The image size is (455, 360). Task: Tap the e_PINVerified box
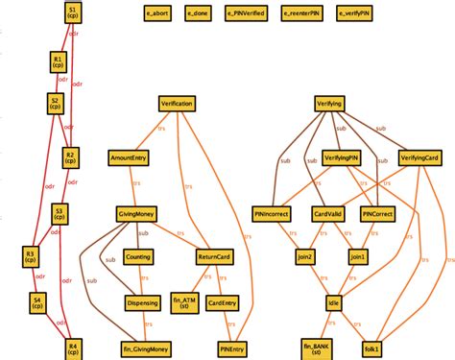pyautogui.click(x=249, y=14)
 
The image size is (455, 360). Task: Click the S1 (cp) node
pyautogui.click(x=75, y=12)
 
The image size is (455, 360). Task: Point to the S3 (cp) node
pyautogui.click(x=60, y=213)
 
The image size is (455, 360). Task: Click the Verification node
pyautogui.click(x=178, y=103)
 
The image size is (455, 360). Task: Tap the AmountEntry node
pyautogui.click(x=128, y=156)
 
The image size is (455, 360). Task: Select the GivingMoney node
pyautogui.click(x=136, y=213)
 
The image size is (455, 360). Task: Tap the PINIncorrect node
pyautogui.click(x=272, y=213)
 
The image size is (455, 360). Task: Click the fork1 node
pyautogui.click(x=371, y=347)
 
